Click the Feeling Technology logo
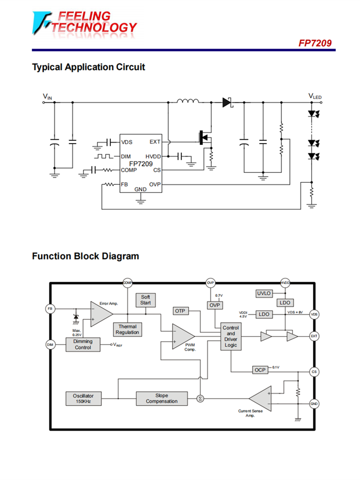[x=84, y=23]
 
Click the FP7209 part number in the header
[x=314, y=43]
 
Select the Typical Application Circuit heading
[x=88, y=67]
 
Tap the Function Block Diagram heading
[x=85, y=256]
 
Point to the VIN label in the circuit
[x=47, y=97]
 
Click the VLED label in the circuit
[x=315, y=97]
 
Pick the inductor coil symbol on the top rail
[x=188, y=101]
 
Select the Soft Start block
[x=145, y=300]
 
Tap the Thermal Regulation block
[x=127, y=329]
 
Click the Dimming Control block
[x=83, y=344]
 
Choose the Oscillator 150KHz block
[x=84, y=398]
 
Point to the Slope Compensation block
[x=161, y=398]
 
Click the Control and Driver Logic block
[x=231, y=336]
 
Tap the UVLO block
[x=264, y=293]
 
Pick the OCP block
[x=260, y=370]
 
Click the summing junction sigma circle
[x=200, y=398]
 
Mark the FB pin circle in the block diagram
[x=50, y=308]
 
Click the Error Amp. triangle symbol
[x=100, y=314]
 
